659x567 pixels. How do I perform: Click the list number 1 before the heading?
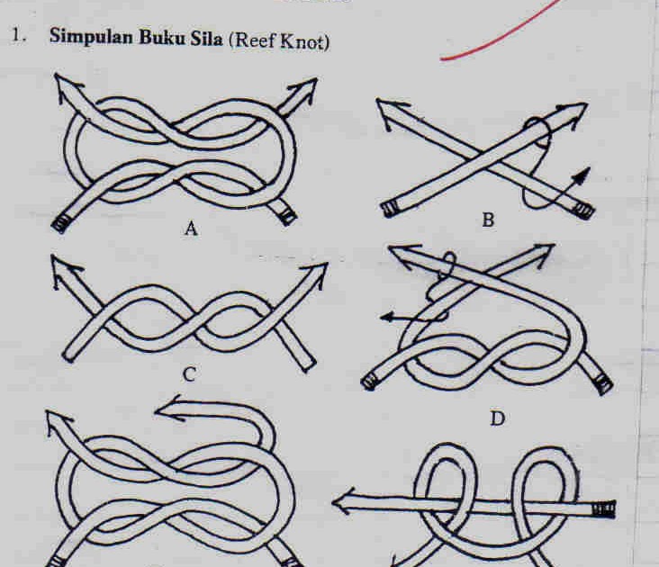(15, 38)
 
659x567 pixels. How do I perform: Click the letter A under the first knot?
(190, 229)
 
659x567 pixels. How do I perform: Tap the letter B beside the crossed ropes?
(487, 219)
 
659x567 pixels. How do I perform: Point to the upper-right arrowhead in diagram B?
(573, 113)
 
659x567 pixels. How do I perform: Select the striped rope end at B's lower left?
(388, 209)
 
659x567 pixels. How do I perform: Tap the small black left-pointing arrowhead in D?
(386, 316)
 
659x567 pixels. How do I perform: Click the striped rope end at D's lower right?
(604, 383)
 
